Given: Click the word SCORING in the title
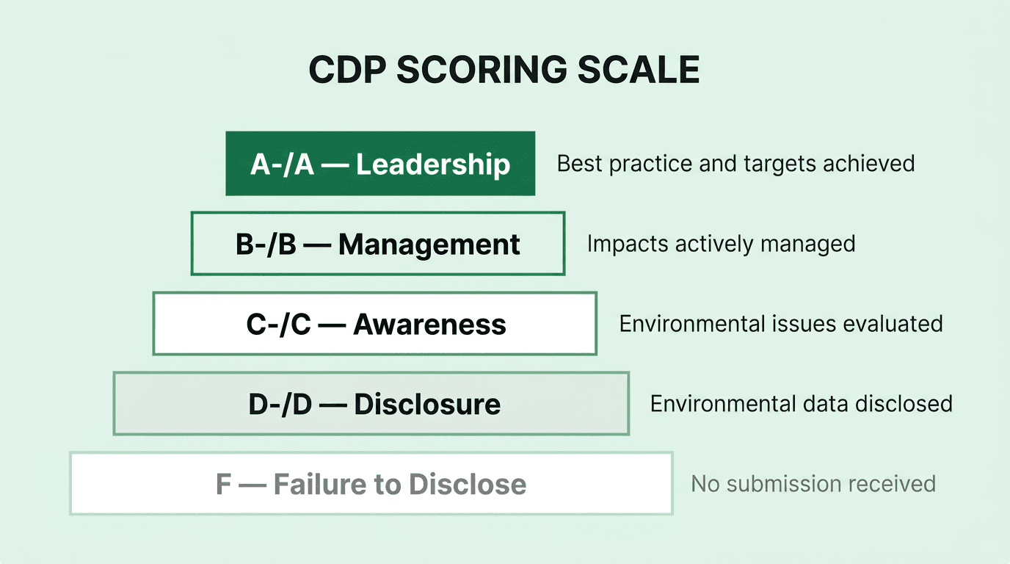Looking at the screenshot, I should tap(481, 70).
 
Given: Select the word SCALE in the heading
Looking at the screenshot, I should tap(638, 70).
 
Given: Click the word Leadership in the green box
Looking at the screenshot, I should tap(433, 164).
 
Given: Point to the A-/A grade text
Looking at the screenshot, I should tap(282, 164).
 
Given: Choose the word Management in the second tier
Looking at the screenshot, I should tap(429, 245).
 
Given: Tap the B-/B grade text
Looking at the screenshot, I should tap(266, 245).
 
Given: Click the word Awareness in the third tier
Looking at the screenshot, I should tap(429, 325).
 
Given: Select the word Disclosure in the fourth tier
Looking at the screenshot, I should tap(427, 405).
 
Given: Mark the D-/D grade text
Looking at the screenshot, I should tap(280, 405).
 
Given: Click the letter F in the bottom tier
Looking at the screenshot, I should tap(223, 485).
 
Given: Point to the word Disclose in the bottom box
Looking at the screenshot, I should tap(468, 485).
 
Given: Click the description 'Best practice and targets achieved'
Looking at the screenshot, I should tap(735, 163).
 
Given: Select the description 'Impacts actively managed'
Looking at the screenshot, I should tap(721, 244).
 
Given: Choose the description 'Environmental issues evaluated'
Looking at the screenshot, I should tap(781, 324).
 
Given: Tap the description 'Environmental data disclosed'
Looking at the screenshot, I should tap(801, 404).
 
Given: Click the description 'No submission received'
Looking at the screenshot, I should tap(813, 484).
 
